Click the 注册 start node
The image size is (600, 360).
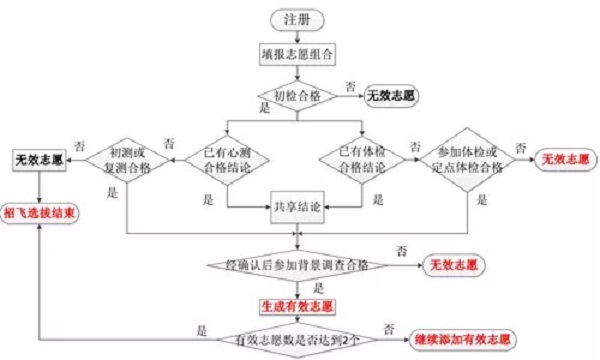pos(297,18)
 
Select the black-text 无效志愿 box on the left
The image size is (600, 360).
pos(39,159)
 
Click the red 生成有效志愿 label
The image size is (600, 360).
pos(297,304)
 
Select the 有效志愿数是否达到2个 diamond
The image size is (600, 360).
pos(297,340)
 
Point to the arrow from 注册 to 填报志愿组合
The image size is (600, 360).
pos(297,36)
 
